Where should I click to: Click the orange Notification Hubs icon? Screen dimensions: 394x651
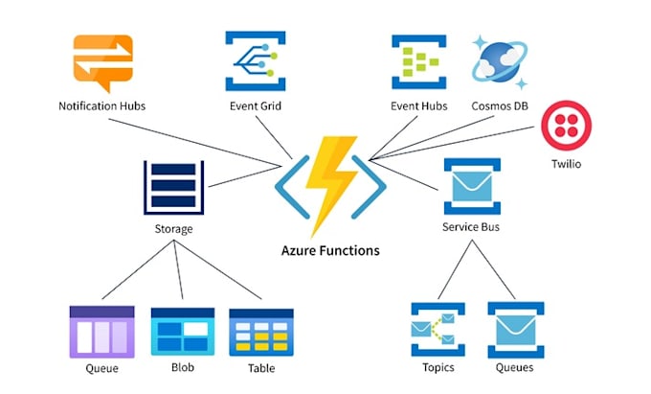point(102,62)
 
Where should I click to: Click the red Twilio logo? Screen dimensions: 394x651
point(565,127)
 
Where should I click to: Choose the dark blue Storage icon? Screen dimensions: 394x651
point(173,188)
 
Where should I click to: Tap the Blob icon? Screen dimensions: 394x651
point(180,332)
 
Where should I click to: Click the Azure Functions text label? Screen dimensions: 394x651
point(329,251)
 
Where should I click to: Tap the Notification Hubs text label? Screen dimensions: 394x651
point(102,105)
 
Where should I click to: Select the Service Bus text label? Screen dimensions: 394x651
point(471,228)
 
